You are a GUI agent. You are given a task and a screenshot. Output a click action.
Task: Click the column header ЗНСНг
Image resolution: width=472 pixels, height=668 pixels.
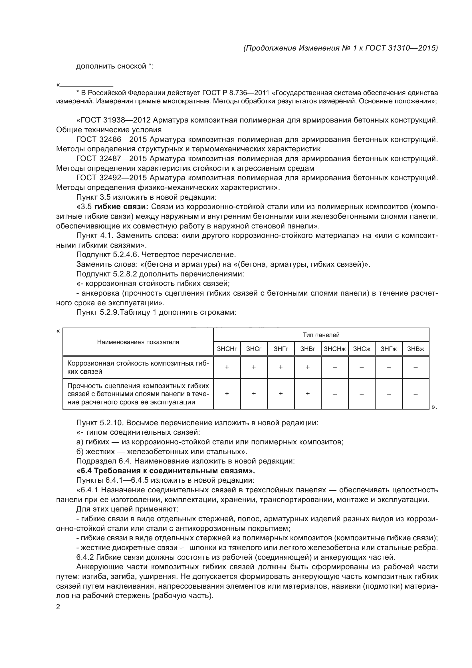coord(227,349)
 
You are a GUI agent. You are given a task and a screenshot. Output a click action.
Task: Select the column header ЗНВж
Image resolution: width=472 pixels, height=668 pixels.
coord(415,349)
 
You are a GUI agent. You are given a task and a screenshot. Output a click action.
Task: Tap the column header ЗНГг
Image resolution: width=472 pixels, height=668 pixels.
coord(281,349)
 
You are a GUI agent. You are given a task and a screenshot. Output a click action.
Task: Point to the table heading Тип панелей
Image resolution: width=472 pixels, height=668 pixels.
coord(321,335)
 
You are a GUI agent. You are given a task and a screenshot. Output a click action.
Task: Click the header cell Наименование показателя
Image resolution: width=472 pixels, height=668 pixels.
coord(138,342)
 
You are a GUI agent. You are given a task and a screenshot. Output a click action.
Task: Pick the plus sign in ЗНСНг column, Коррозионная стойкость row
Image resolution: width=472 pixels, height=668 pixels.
coord(227,367)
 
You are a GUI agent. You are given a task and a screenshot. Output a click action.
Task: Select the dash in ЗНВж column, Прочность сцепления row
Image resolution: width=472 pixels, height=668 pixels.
coord(415,394)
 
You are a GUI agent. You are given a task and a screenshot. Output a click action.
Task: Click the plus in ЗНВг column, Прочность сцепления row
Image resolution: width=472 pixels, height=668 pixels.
coord(308,394)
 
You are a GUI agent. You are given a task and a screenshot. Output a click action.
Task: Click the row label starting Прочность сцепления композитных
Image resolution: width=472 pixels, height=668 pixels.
coord(138,394)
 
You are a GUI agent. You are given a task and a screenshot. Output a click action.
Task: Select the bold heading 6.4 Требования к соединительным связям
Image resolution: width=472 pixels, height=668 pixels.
coord(166,471)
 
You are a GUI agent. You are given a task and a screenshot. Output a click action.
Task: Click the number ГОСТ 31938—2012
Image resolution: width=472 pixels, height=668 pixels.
coord(114,120)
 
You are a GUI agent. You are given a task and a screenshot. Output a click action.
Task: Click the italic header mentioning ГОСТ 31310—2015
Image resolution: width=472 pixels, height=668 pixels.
coord(340,48)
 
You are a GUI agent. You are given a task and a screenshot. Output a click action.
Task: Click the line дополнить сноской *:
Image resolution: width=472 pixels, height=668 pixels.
coord(114,66)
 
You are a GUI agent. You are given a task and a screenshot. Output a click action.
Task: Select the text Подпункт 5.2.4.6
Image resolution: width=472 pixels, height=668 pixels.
coord(108,255)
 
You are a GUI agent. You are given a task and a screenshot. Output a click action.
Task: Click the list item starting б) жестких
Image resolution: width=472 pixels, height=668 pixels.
coord(162,452)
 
